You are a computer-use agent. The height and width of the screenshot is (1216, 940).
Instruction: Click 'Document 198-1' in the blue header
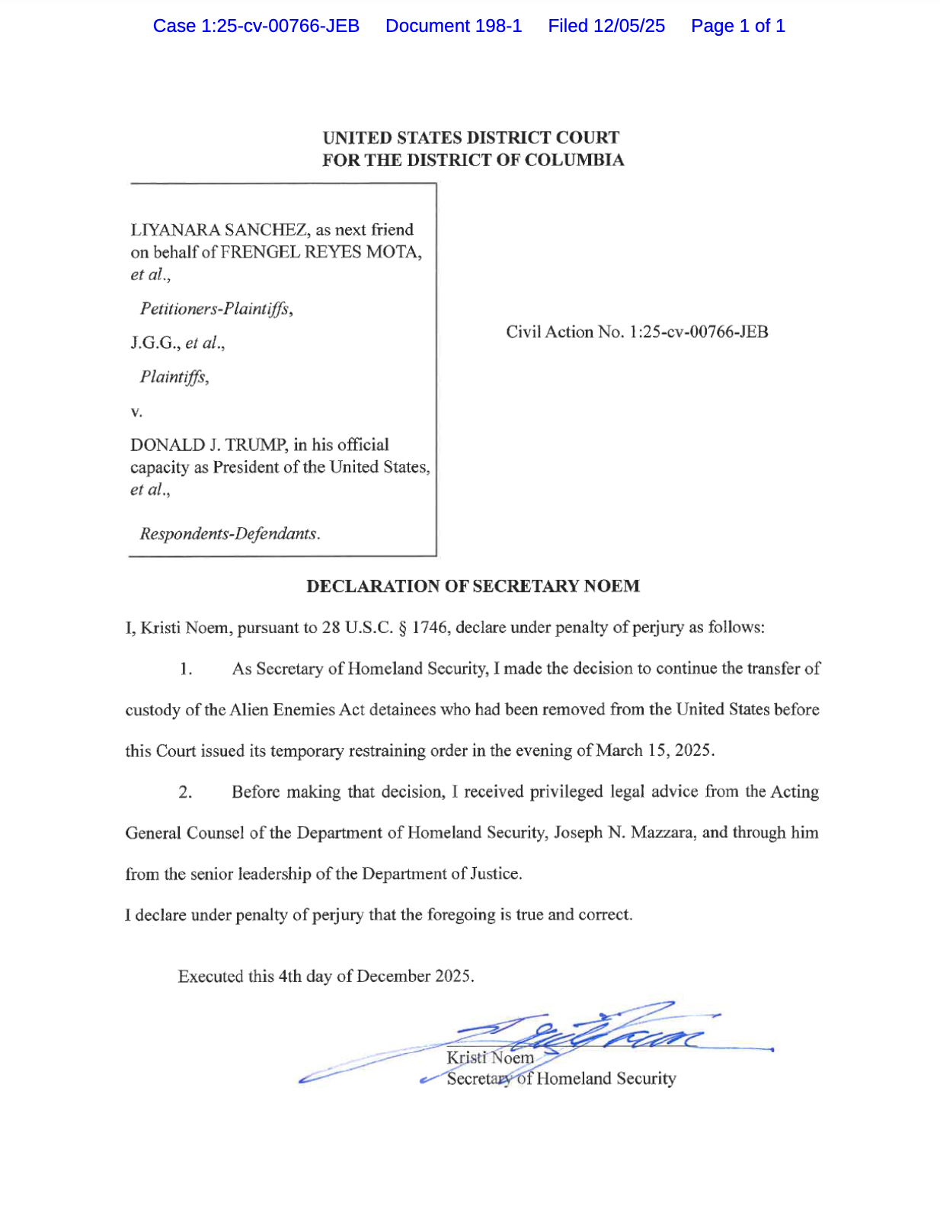coord(453,26)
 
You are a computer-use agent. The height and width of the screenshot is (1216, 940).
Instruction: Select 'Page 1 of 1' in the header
coord(737,26)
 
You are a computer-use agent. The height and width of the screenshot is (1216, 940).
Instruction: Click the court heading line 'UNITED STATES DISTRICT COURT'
coord(471,138)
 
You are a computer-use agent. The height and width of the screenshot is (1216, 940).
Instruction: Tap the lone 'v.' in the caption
coord(136,412)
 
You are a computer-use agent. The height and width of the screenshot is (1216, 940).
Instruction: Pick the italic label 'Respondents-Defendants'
coord(228,533)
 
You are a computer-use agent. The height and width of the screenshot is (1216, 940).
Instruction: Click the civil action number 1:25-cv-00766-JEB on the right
coord(699,332)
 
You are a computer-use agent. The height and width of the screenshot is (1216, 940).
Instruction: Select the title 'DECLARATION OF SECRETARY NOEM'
coord(472,586)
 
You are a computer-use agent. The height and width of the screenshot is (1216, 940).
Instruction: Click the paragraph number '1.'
coord(186,669)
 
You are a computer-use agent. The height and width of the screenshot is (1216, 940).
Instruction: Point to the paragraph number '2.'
coord(185,792)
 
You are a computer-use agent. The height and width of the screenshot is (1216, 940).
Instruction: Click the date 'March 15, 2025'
coord(654,750)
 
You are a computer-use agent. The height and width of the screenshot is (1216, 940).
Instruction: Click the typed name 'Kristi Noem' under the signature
coord(490,1058)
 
